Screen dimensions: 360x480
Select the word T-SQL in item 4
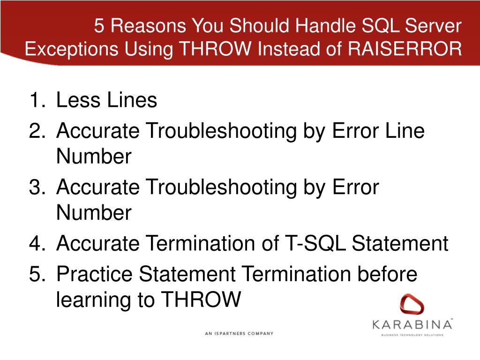[316, 244]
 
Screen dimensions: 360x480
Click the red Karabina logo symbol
[412, 305]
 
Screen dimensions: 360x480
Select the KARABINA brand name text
[412, 324]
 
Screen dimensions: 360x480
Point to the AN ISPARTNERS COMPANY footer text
[239, 334]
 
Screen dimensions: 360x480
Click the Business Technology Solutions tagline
[412, 335]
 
